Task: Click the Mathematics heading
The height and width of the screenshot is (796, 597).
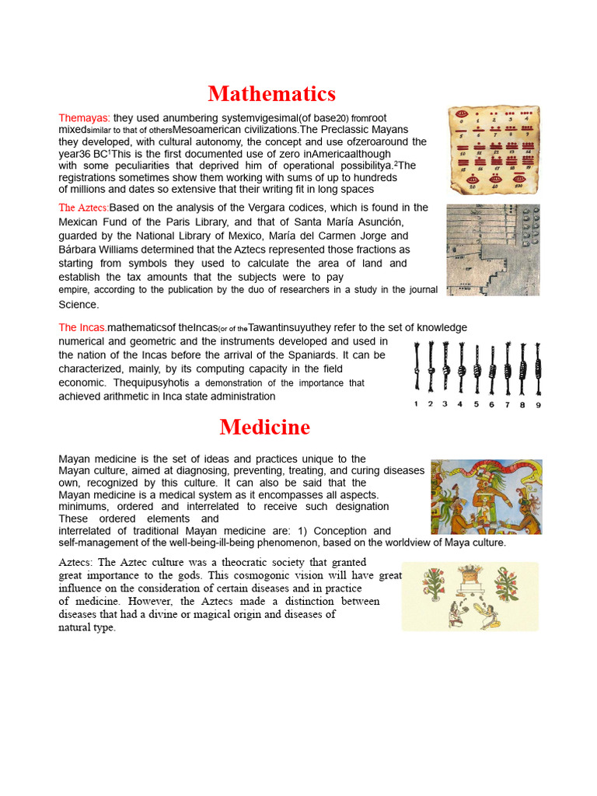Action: tap(271, 94)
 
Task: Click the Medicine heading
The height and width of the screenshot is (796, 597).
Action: tap(264, 427)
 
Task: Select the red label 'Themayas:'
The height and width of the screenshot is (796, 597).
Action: tap(84, 117)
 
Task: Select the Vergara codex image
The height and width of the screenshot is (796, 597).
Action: tap(493, 250)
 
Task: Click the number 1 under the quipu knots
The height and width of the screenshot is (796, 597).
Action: tap(416, 404)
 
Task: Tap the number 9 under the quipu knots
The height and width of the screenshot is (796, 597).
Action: tap(538, 404)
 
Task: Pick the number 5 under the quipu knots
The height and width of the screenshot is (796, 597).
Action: tap(476, 404)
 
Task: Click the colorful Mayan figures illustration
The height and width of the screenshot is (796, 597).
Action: tap(487, 496)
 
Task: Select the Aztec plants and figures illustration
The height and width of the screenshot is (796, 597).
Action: tap(470, 596)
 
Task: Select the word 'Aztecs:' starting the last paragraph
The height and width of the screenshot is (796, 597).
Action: tap(77, 562)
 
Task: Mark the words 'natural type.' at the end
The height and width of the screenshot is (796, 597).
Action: tap(87, 628)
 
